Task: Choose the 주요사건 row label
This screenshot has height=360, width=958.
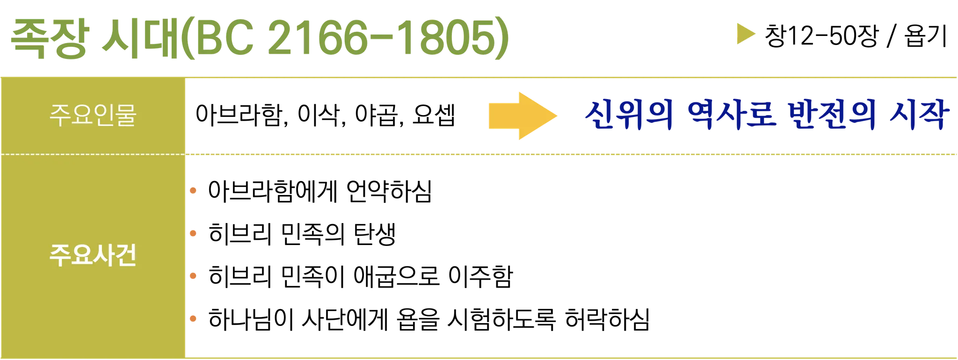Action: [93, 256]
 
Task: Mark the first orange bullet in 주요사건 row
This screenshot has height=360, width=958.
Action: [193, 190]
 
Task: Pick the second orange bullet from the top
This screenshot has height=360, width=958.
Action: [193, 233]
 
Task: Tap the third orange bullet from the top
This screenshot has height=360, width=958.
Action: [193, 276]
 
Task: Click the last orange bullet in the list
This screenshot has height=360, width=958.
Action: [193, 319]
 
